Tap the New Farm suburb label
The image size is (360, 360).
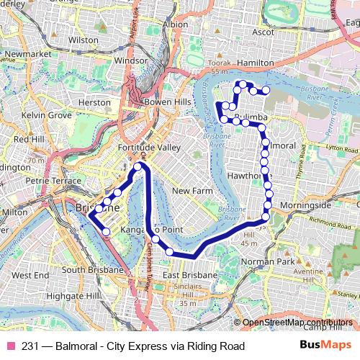tap(191, 191)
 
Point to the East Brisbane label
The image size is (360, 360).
tap(190, 276)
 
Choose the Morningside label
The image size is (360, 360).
tap(305, 205)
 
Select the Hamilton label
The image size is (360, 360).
tap(255, 63)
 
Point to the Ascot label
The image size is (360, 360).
tap(264, 32)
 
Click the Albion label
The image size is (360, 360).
tap(176, 24)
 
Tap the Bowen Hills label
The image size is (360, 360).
tap(168, 102)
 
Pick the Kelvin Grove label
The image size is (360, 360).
tap(47, 115)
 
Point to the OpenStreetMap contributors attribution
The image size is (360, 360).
tap(297, 322)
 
